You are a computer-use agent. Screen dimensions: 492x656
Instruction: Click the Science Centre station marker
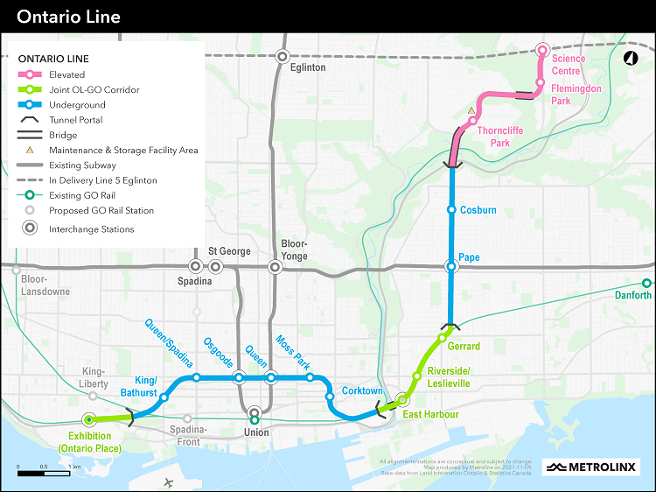(x=542, y=50)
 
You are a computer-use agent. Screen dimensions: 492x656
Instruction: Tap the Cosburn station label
(x=478, y=210)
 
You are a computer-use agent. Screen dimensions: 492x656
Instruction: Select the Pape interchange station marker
(x=451, y=267)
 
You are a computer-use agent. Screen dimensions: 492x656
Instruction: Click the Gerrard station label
(x=464, y=347)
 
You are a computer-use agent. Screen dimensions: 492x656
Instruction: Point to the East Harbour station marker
(x=402, y=399)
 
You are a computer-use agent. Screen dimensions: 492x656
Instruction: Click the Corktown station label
(x=362, y=390)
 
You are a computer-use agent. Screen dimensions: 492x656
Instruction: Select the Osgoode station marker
(x=239, y=377)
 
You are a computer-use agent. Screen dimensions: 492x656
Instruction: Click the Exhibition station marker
(x=88, y=419)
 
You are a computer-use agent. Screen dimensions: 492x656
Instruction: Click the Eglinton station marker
(x=282, y=56)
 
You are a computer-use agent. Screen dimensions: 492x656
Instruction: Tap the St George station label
(x=229, y=251)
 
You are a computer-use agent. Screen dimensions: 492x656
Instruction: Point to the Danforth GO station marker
(x=646, y=283)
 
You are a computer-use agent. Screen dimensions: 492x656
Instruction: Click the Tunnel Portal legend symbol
(x=30, y=120)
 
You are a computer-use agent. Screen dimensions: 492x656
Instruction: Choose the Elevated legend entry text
(x=67, y=75)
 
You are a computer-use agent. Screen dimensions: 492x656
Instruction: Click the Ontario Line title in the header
(x=68, y=17)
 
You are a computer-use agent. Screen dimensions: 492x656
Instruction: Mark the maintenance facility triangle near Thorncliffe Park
(x=471, y=111)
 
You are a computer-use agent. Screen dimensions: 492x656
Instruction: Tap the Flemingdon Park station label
(x=576, y=95)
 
